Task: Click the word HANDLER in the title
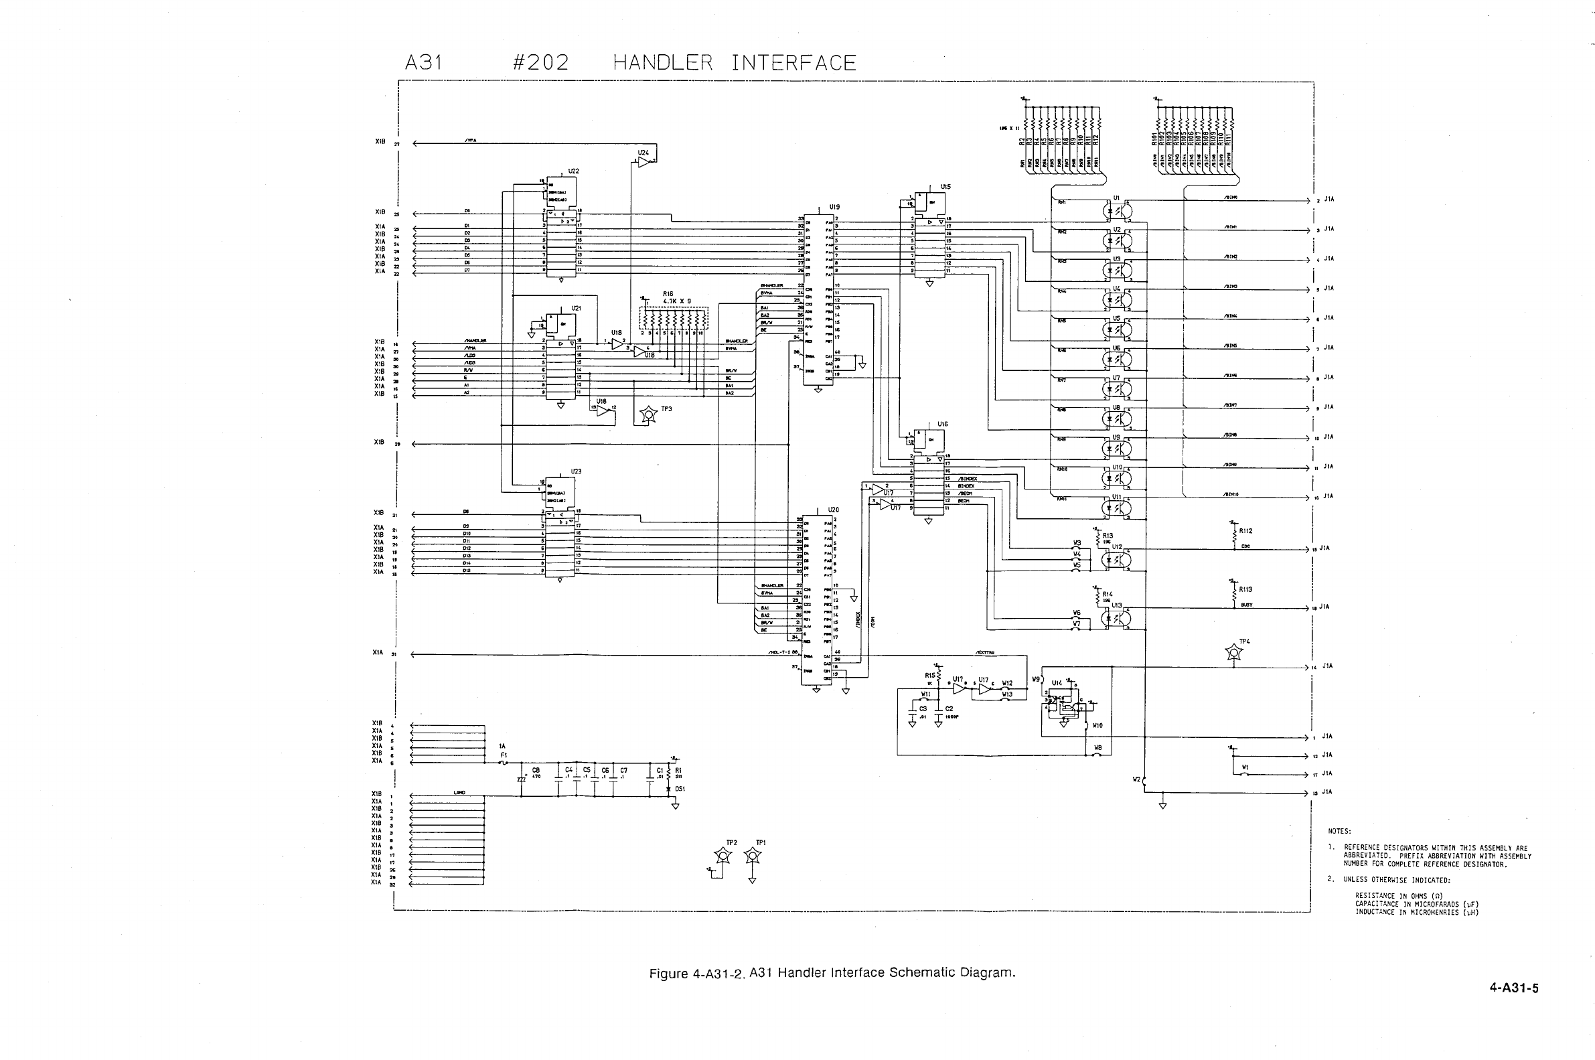[662, 63]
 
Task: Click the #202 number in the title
[540, 63]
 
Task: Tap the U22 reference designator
[573, 171]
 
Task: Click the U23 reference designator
[576, 471]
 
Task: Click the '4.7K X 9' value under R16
[676, 301]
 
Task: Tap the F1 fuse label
[504, 755]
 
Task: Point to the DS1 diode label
[680, 788]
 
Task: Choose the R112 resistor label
[1246, 531]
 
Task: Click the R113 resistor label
[1245, 589]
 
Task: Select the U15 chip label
[945, 187]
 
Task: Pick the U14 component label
[1057, 683]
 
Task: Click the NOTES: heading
[1339, 832]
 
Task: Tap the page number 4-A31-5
[1514, 988]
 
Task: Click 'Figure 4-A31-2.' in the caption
[697, 974]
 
